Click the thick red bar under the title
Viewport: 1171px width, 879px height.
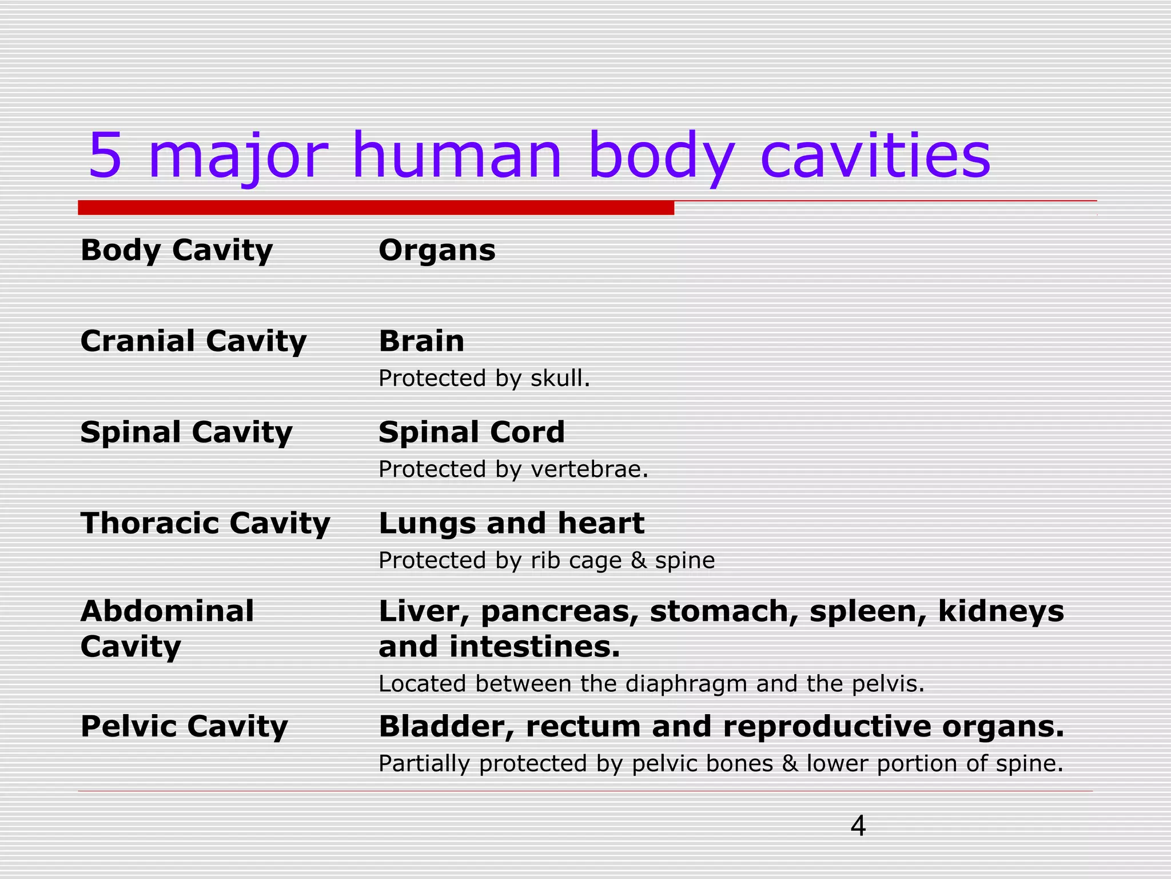[x=376, y=208]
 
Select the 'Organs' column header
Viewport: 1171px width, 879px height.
[x=437, y=251]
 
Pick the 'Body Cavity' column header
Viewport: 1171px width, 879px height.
[x=177, y=251]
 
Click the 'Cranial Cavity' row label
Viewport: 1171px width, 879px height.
[x=193, y=342]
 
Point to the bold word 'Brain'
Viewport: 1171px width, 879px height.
[x=421, y=342]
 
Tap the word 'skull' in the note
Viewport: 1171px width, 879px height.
[x=558, y=378]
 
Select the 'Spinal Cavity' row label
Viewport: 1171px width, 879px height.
[x=186, y=433]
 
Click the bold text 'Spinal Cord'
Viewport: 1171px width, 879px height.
[x=472, y=433]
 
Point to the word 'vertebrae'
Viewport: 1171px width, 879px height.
[x=587, y=469]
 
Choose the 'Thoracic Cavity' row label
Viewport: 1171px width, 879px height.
[x=205, y=524]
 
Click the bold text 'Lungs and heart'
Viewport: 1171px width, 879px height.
[x=512, y=524]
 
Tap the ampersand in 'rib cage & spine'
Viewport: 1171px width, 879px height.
[x=639, y=560]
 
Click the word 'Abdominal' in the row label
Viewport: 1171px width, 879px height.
[x=167, y=611]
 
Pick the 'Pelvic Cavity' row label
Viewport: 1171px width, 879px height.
[x=184, y=727]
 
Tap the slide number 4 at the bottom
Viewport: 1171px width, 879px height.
[x=858, y=826]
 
